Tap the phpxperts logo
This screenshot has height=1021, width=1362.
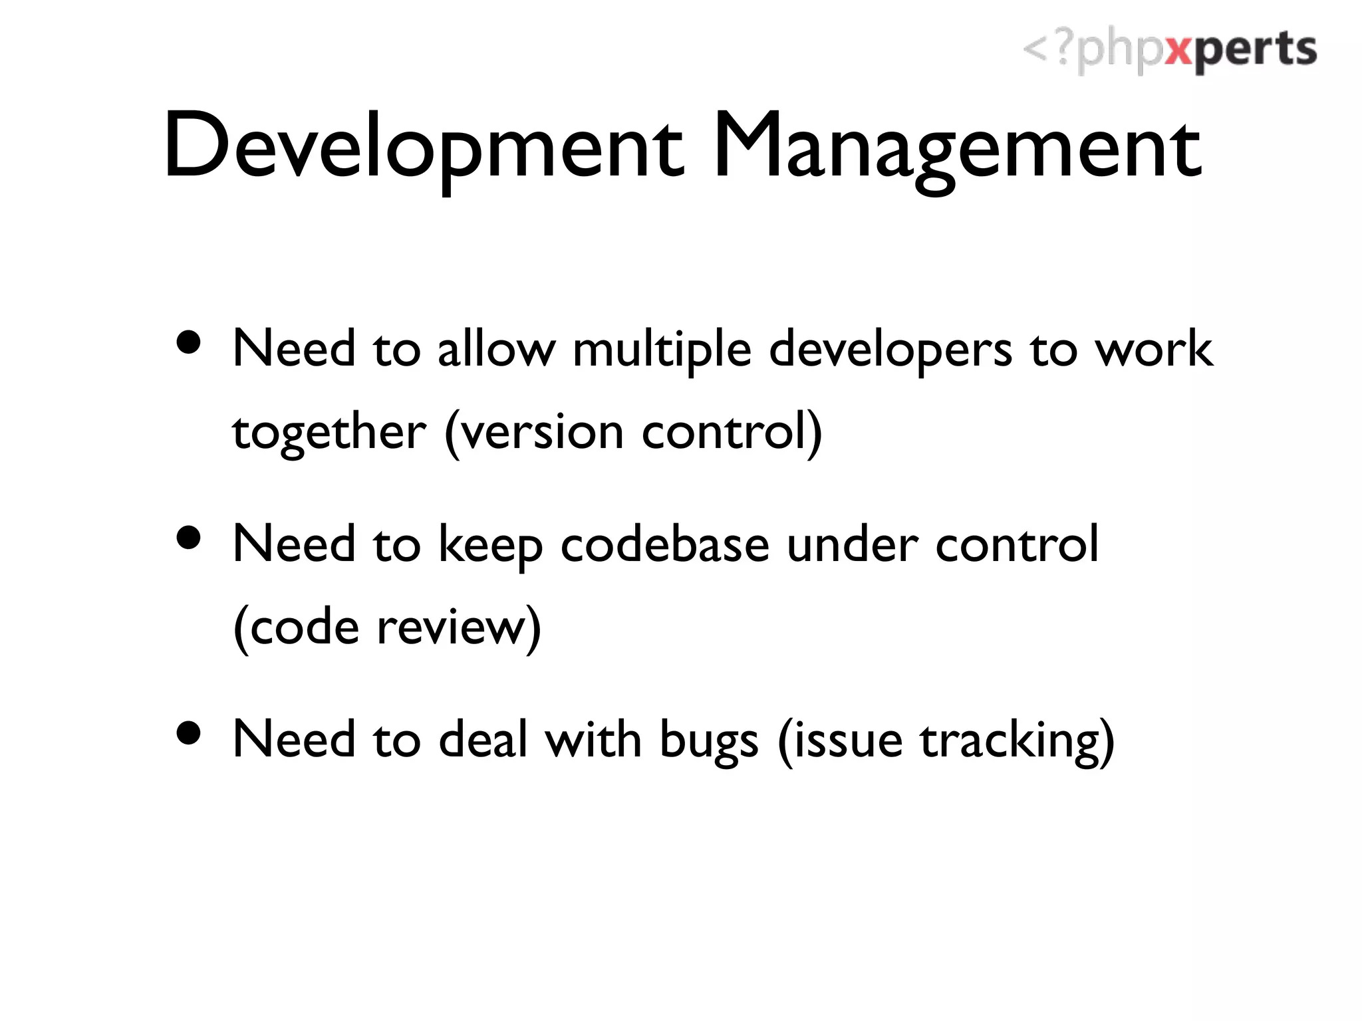pyautogui.click(x=1169, y=51)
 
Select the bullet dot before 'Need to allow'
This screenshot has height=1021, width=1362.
pyautogui.click(x=190, y=344)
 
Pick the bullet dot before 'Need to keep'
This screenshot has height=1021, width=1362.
pyautogui.click(x=190, y=538)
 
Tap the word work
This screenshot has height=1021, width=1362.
pyautogui.click(x=1154, y=349)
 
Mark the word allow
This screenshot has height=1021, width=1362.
pyautogui.click(x=496, y=349)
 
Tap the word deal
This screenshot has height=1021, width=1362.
pyautogui.click(x=483, y=739)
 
